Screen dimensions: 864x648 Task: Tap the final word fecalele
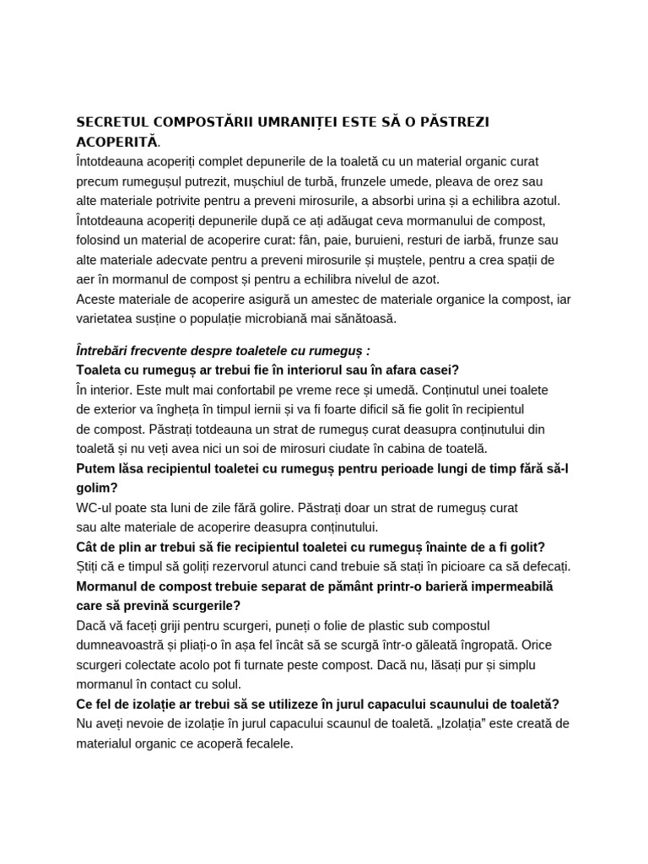pos(267,743)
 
